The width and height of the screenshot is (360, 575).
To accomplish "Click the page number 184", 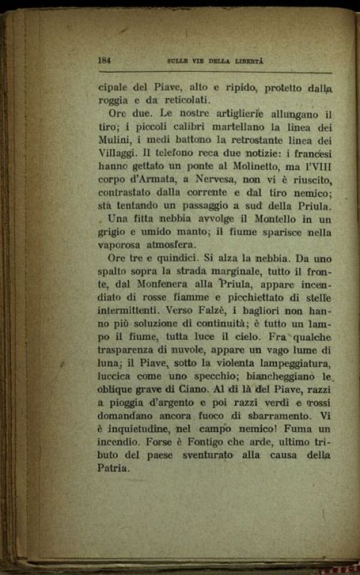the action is (x=104, y=61).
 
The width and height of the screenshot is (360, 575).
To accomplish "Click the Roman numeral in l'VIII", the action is (x=318, y=167).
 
